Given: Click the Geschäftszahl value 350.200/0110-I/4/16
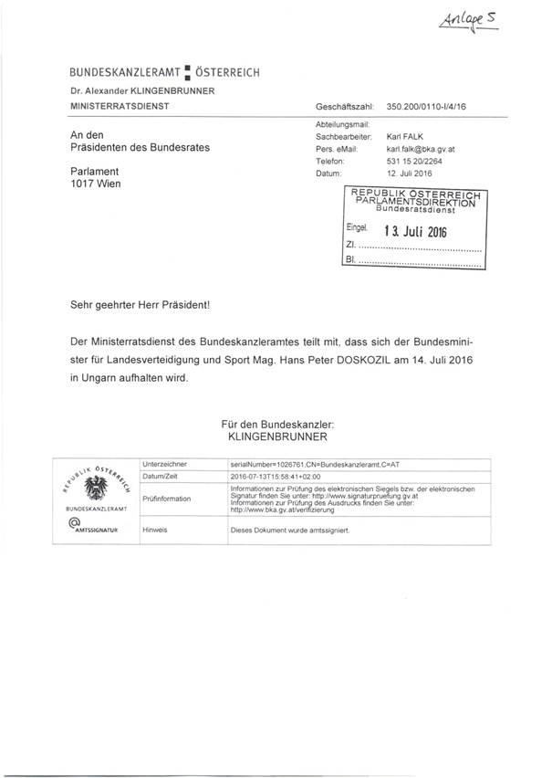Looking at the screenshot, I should pos(427,107).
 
